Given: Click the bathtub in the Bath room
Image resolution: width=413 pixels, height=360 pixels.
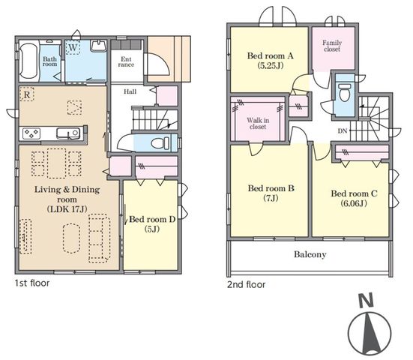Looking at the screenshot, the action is pyautogui.click(x=28, y=61).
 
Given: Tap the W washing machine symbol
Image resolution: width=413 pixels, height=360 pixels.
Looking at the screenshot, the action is pyautogui.click(x=73, y=47).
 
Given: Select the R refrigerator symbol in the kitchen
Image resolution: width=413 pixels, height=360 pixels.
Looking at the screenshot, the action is pyautogui.click(x=27, y=94).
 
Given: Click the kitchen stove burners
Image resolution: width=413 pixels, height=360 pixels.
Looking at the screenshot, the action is pyautogui.click(x=31, y=133).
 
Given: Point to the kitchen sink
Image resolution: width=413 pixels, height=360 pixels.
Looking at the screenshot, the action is pyautogui.click(x=68, y=133).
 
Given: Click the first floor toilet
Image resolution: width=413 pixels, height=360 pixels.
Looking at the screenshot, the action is pyautogui.click(x=160, y=143).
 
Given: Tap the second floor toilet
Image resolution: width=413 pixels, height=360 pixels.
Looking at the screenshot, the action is pyautogui.click(x=345, y=92).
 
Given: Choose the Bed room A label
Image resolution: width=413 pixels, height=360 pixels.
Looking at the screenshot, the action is pyautogui.click(x=271, y=55).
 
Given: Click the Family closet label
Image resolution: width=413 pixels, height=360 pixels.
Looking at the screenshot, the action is pyautogui.click(x=332, y=46).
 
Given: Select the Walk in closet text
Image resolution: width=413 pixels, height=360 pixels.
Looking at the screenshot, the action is pyautogui.click(x=258, y=123).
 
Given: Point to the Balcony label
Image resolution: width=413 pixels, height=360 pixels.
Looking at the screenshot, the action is pyautogui.click(x=310, y=254).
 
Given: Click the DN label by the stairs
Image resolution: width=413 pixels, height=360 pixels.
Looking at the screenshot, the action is pyautogui.click(x=343, y=130).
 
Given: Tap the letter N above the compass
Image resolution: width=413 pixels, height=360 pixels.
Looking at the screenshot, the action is pyautogui.click(x=367, y=301).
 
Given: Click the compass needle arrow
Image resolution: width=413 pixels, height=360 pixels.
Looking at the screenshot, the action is pyautogui.click(x=370, y=334).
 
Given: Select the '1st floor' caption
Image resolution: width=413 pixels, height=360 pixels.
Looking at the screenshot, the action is pyautogui.click(x=32, y=283).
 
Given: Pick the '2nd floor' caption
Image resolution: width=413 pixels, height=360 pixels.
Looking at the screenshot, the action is pyautogui.click(x=247, y=285).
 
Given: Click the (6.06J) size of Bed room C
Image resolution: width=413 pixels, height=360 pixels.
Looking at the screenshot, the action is pyautogui.click(x=354, y=203).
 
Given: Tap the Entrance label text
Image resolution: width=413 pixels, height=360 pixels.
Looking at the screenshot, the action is pyautogui.click(x=126, y=62).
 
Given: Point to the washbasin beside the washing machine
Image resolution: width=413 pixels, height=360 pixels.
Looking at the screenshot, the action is pyautogui.click(x=98, y=46).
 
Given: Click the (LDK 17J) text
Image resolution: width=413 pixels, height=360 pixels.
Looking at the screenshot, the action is pyautogui.click(x=67, y=209).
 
